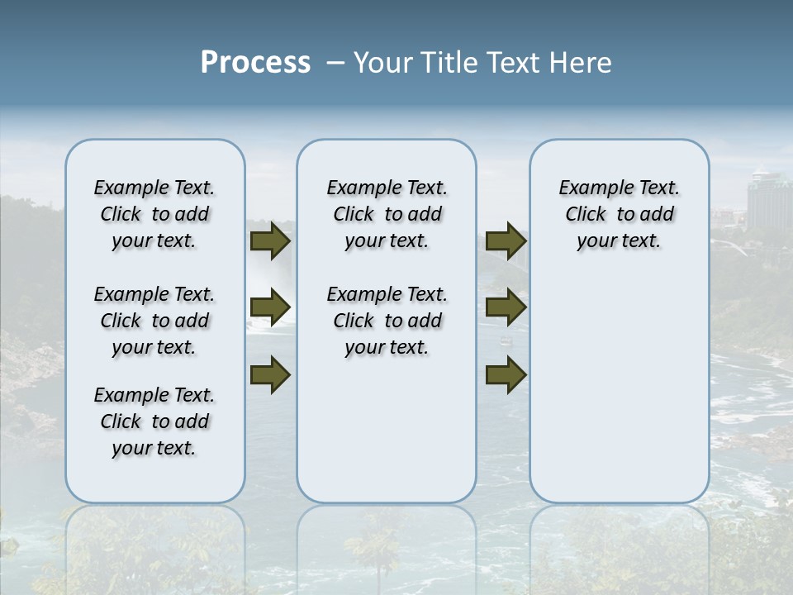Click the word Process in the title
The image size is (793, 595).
pyautogui.click(x=255, y=63)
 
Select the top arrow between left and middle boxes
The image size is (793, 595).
pyautogui.click(x=270, y=240)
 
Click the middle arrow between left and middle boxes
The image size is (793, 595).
pyautogui.click(x=270, y=307)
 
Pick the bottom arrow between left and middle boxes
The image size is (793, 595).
pyautogui.click(x=270, y=374)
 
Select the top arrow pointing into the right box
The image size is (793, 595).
pyautogui.click(x=506, y=240)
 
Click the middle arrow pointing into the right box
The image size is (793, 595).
pyautogui.click(x=506, y=307)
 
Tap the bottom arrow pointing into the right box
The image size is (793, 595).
pyautogui.click(x=506, y=374)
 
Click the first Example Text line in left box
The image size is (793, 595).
pyautogui.click(x=154, y=188)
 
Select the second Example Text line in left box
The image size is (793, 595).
pyautogui.click(x=154, y=294)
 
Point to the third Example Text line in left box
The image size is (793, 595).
pyautogui.click(x=154, y=395)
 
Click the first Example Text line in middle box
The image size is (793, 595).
pyautogui.click(x=387, y=188)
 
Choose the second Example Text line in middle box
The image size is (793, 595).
pyautogui.click(x=387, y=294)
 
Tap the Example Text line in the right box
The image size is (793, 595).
pyautogui.click(x=619, y=188)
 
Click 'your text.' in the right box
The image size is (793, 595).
pyautogui.click(x=619, y=241)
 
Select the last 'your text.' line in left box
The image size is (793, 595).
pyautogui.click(x=154, y=448)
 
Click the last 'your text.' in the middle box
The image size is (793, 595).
pyautogui.click(x=387, y=348)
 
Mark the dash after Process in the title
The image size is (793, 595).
pyautogui.click(x=335, y=64)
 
